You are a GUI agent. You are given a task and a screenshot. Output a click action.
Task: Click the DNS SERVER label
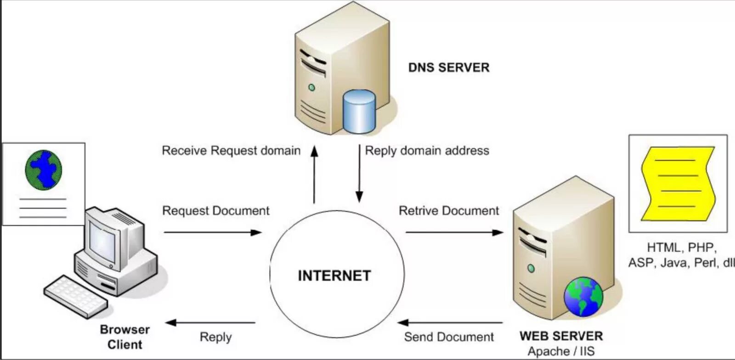point(449,67)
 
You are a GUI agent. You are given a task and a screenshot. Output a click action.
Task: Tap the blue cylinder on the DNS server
point(359,112)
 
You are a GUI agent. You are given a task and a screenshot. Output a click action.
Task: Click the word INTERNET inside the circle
point(334,276)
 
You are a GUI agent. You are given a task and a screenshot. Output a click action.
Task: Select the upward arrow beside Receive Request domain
point(314,174)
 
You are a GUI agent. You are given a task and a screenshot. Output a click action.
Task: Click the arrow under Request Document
point(212,232)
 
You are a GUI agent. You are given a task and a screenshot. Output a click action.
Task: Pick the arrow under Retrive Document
point(454,232)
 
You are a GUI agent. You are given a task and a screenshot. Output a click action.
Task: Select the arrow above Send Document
point(450,322)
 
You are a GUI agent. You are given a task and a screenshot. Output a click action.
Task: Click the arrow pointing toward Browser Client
point(210,322)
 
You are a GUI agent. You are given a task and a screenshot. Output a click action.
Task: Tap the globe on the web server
point(583,297)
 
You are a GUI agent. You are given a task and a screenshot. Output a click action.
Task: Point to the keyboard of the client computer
point(76,296)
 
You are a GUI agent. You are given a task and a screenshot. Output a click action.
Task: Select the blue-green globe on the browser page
point(43,169)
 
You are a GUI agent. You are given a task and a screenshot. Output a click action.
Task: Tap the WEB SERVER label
point(561,336)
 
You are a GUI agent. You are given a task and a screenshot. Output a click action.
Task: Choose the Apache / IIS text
point(561,352)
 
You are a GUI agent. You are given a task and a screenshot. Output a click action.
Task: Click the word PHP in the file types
point(701,247)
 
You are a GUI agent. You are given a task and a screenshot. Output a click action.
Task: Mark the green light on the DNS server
point(312,87)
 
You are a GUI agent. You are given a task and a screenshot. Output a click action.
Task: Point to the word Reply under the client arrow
point(215,337)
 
